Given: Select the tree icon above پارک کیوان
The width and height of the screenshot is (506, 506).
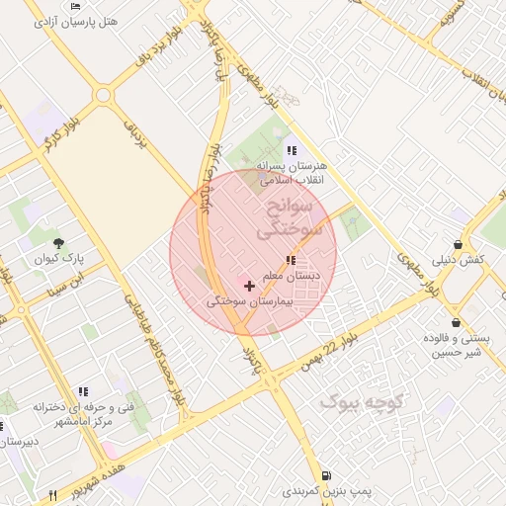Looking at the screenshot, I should point(59,242).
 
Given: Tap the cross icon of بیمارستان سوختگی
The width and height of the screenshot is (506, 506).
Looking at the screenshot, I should point(249,286).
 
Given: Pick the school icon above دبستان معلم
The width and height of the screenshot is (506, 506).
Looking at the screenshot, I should point(290,259).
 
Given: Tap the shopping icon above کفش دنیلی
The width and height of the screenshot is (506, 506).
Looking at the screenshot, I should point(459,244).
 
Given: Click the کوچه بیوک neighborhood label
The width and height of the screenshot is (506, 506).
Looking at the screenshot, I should point(364,401).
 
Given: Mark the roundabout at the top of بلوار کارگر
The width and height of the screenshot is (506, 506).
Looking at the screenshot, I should point(103,96).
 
